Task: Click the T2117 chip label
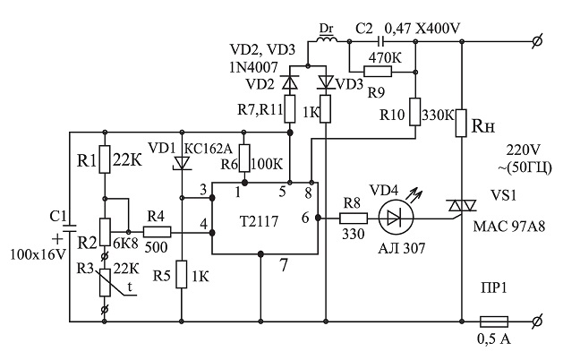[259, 221]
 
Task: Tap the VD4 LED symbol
[396, 218]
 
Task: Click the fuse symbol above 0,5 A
[494, 321]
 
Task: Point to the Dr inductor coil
[328, 39]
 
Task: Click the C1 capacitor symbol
[70, 228]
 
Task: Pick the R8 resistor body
[354, 219]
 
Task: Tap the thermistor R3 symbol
[106, 283]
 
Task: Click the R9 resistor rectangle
[378, 72]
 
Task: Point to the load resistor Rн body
[461, 124]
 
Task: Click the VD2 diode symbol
[290, 82]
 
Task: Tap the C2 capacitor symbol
[381, 42]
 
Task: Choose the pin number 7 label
[284, 265]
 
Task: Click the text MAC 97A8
[508, 227]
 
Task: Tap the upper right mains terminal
[537, 42]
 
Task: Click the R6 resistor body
[244, 159]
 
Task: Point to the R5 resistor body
[182, 274]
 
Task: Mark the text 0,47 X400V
[422, 29]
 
